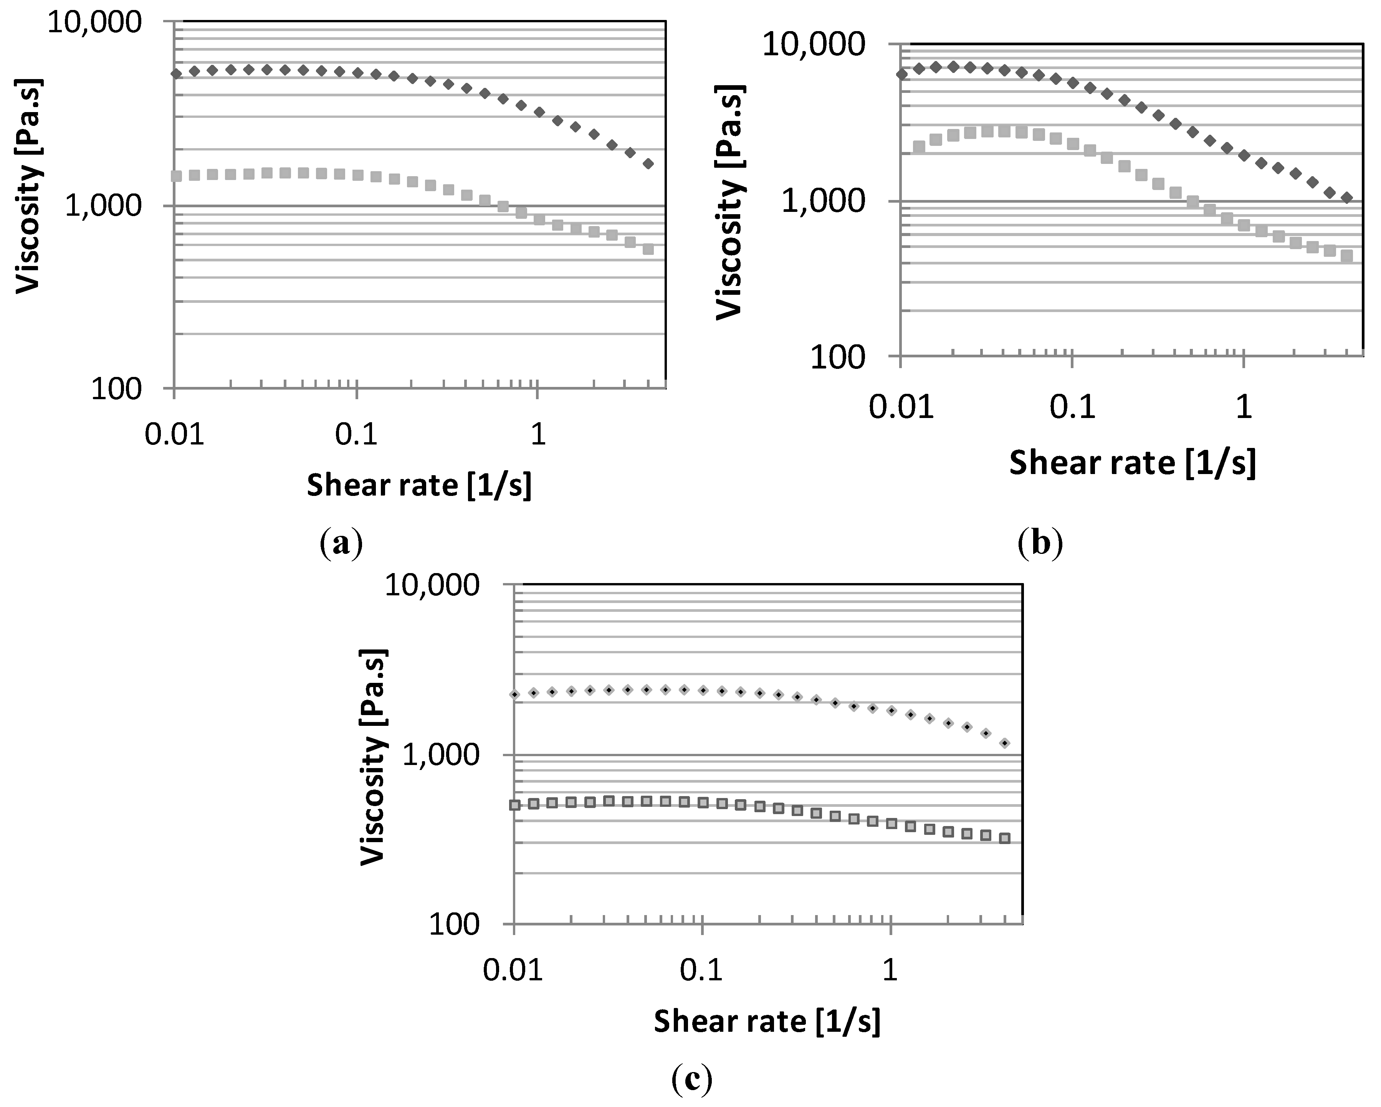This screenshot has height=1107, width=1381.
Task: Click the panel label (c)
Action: [x=692, y=1080]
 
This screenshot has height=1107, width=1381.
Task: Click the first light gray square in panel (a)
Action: [x=176, y=176]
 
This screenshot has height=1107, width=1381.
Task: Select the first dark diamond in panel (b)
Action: [x=902, y=74]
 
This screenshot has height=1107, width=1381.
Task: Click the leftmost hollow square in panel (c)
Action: [x=514, y=805]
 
